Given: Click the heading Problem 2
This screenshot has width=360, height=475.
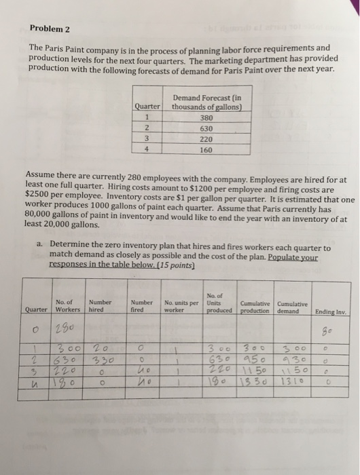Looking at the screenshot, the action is click(53, 28).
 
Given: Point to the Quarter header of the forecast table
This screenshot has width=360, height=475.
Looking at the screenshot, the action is click(147, 105).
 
